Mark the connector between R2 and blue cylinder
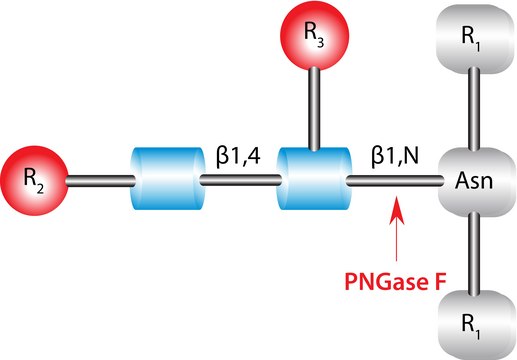99,181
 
